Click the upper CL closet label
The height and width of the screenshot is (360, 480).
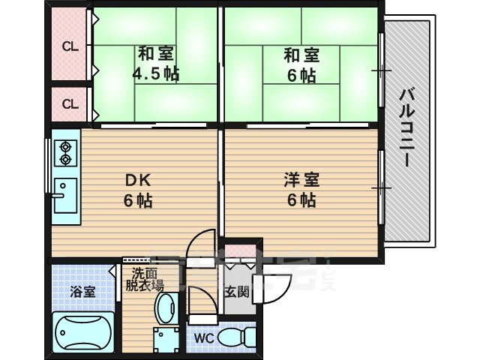click(70, 47)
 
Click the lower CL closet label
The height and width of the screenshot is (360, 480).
click(70, 104)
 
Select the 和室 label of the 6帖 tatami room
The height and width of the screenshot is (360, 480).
click(301, 55)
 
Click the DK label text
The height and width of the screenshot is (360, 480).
click(138, 180)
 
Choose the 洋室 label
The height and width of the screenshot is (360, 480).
click(301, 180)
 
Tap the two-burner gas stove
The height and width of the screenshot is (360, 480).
click(65, 153)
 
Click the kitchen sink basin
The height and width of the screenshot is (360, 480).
click(65, 192)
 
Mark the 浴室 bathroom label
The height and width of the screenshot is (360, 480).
click(83, 292)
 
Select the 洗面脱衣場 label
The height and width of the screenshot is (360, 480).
click(144, 279)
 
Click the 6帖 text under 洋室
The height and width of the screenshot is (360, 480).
click(301, 200)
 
